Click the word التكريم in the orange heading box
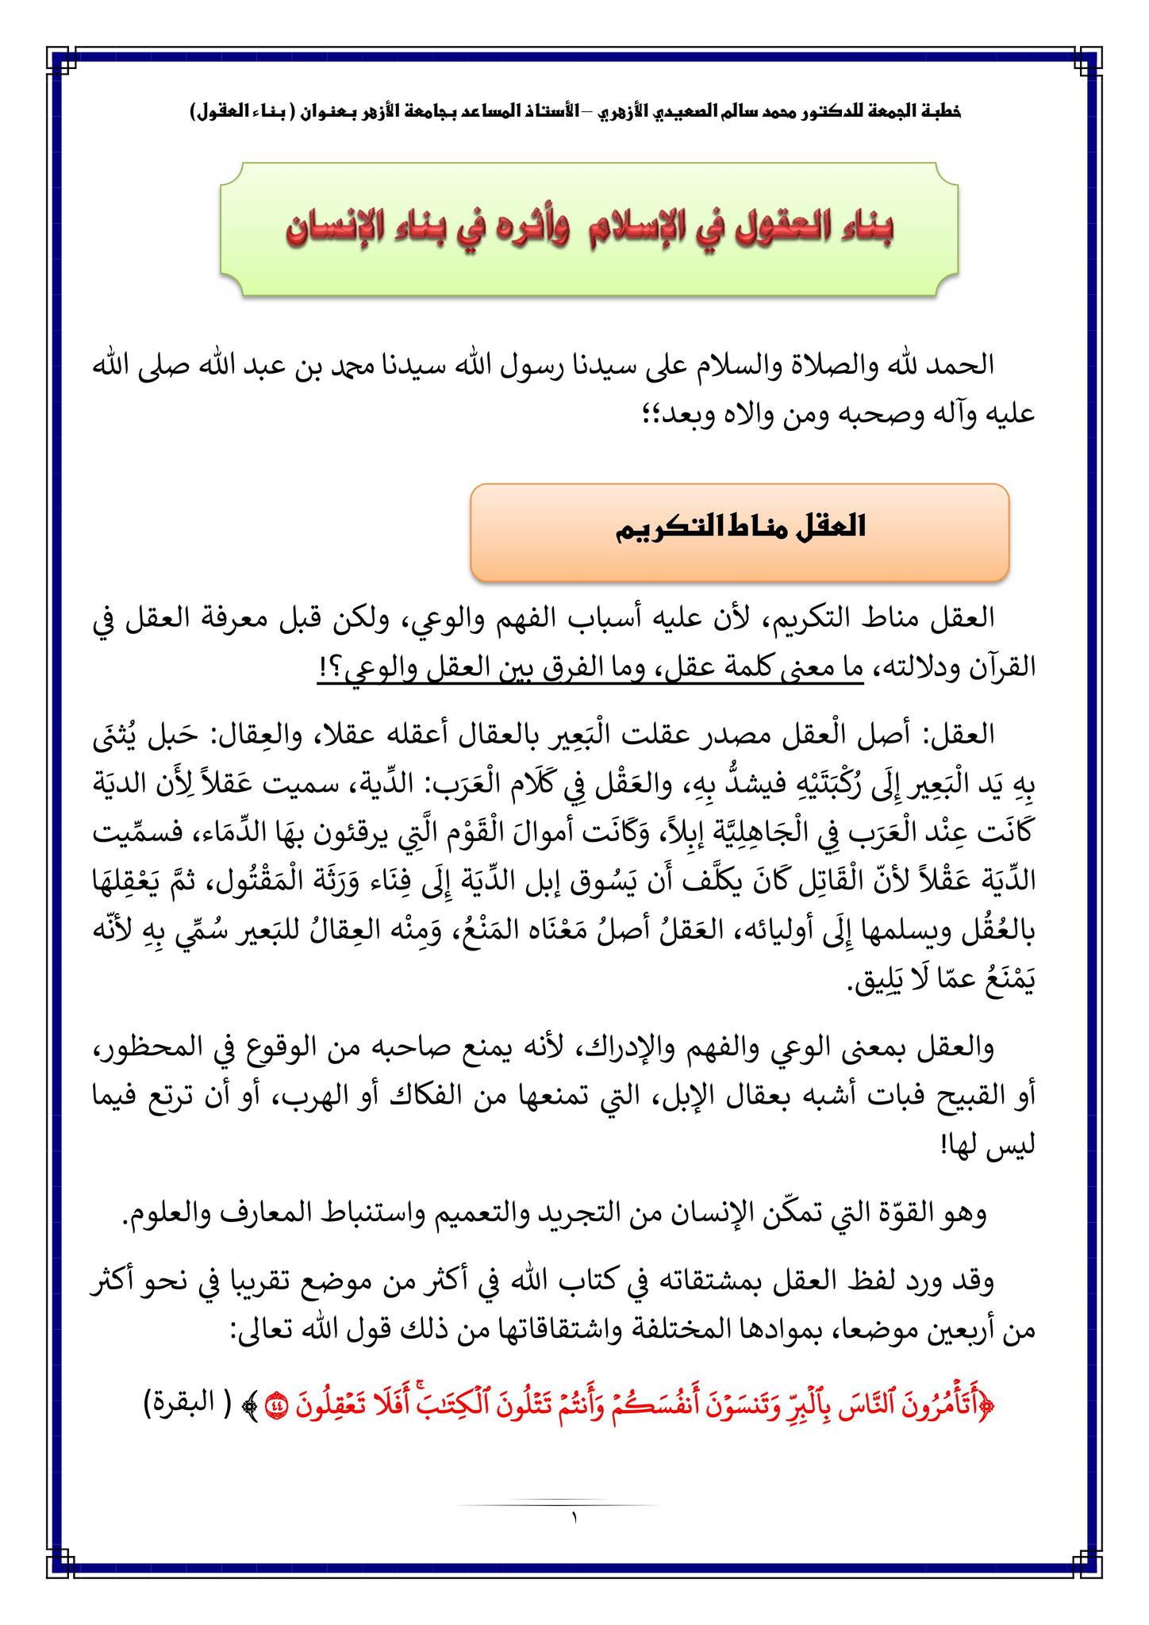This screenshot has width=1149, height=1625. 664,528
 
